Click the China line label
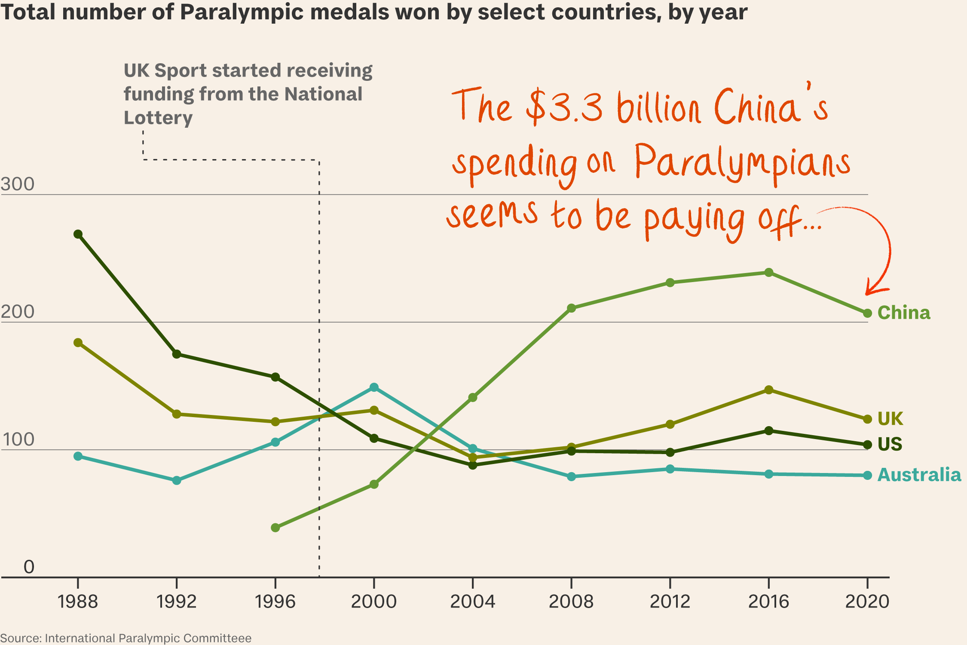coord(903,313)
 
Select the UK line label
coord(890,418)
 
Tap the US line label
coord(890,444)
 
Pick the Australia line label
coord(919,475)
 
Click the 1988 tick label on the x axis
coord(78,601)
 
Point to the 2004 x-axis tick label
coord(472,601)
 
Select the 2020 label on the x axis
coord(867,601)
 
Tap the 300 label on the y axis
coord(17,184)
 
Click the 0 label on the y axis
coord(29,567)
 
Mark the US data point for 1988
coord(78,234)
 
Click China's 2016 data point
coord(769,273)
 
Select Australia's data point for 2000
coord(374,387)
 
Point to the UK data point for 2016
coord(769,390)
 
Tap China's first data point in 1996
coord(275,528)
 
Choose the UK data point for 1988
coord(78,343)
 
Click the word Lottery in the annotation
coord(158,118)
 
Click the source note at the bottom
coord(125,638)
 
